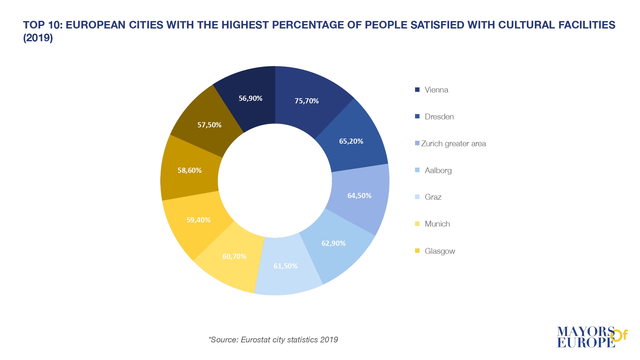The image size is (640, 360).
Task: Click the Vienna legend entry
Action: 436,90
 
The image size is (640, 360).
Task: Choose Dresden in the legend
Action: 439,117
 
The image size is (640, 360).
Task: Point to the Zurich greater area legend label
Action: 453,144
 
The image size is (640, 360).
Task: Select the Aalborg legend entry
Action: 438,171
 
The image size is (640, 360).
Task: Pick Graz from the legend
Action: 433,197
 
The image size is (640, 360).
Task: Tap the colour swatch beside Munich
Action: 417,224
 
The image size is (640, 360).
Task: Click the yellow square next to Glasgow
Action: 417,251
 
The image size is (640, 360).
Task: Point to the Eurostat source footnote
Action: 273,340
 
